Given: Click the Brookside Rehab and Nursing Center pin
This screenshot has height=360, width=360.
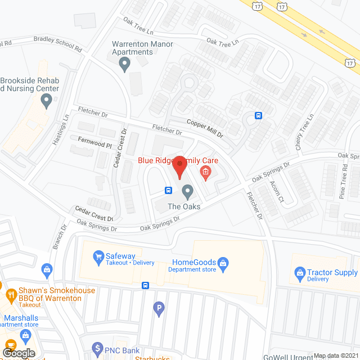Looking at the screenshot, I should click(47, 101).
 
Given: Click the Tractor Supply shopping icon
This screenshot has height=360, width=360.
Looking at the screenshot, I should click(300, 274).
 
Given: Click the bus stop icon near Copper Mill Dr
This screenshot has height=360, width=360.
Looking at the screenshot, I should click(258, 116).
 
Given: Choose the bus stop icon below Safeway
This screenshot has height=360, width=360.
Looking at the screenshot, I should click(145, 285).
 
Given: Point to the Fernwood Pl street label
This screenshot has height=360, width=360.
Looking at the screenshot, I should click(92, 144).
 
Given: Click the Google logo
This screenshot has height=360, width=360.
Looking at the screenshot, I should click(18, 352).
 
